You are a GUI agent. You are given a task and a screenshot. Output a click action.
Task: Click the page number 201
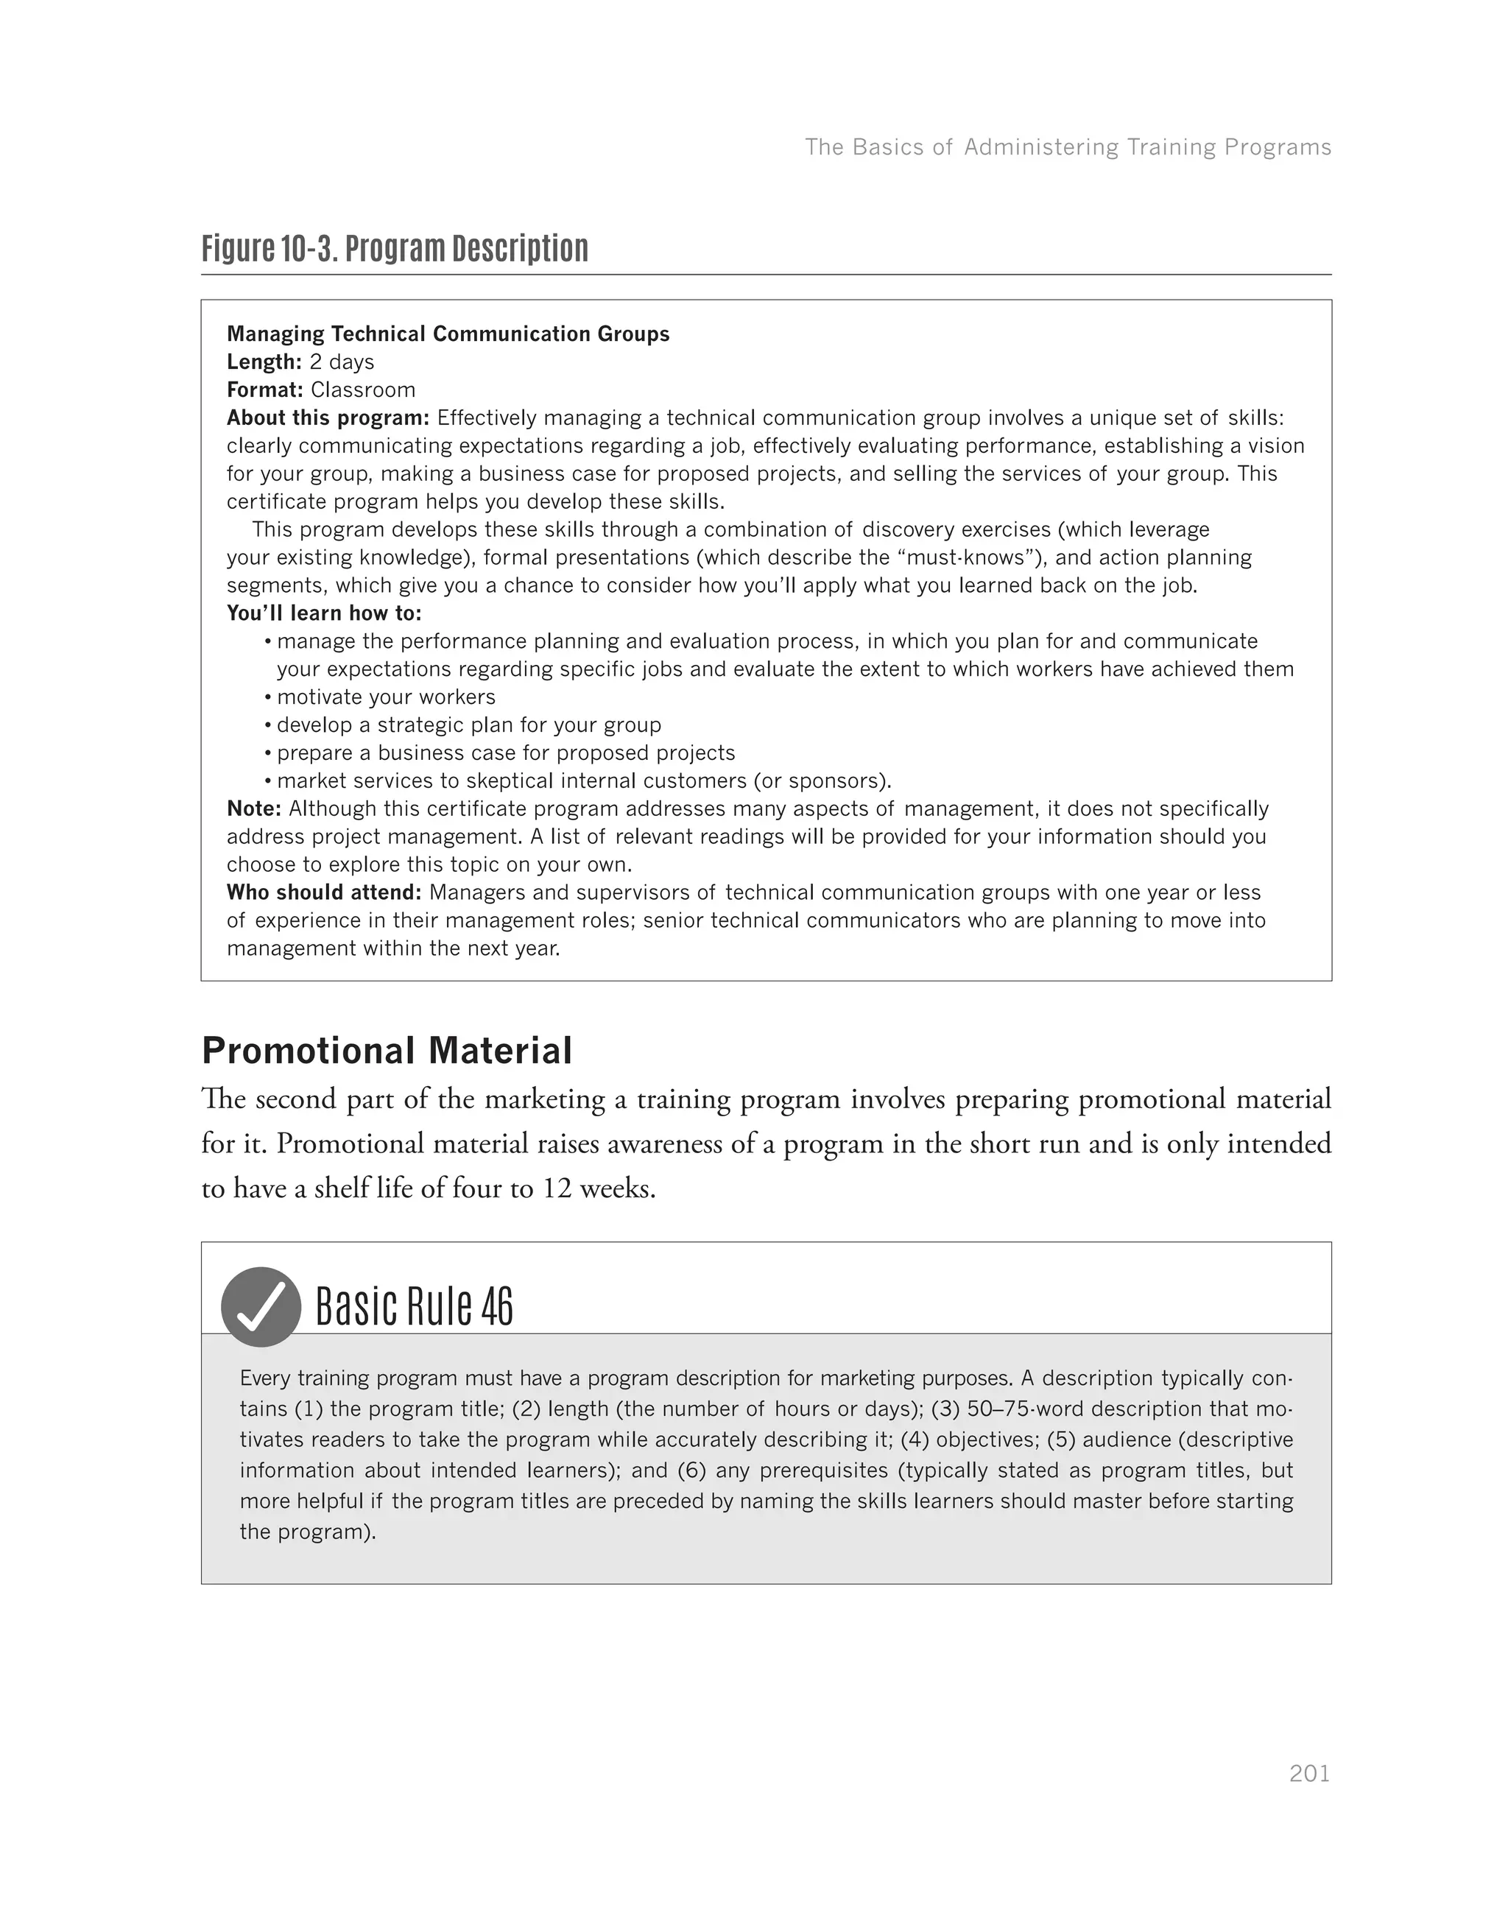click(x=1309, y=1773)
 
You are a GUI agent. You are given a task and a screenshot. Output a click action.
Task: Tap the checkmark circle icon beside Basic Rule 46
click(x=261, y=1307)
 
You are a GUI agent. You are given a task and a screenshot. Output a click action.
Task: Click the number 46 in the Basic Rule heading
click(x=497, y=1307)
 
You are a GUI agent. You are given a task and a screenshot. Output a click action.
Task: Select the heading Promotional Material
click(x=387, y=1051)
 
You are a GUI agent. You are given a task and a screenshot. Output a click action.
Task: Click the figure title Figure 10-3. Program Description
click(x=395, y=249)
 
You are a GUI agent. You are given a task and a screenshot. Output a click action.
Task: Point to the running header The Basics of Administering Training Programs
click(x=1068, y=147)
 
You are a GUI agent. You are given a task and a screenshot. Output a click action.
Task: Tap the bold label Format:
click(x=265, y=390)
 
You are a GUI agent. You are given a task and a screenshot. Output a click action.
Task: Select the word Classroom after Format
click(x=363, y=390)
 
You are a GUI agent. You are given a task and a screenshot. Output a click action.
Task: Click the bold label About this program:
click(x=328, y=417)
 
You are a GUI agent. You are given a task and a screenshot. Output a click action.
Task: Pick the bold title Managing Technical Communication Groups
click(x=448, y=334)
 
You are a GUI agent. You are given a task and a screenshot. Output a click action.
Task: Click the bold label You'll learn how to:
click(x=324, y=613)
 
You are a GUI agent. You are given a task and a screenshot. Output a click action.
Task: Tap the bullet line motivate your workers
click(x=386, y=697)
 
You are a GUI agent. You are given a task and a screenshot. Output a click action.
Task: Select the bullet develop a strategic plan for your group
click(x=469, y=725)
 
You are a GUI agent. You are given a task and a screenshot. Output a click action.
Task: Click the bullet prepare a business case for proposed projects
click(x=506, y=753)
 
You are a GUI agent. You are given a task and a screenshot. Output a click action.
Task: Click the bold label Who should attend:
click(x=324, y=892)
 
